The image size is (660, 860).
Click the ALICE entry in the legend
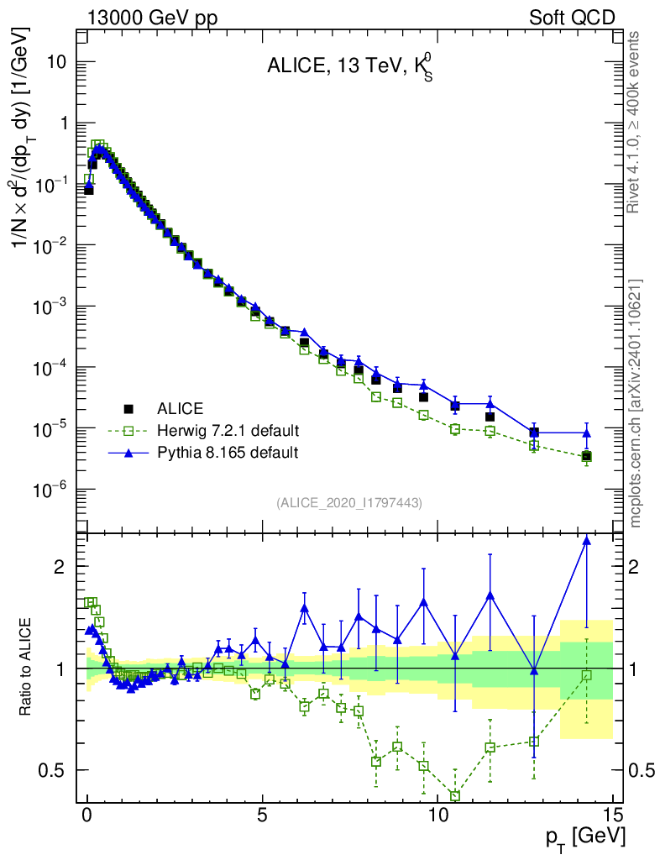click(x=180, y=409)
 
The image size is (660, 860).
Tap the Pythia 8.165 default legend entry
click(x=228, y=453)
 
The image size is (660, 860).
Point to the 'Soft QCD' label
click(x=572, y=18)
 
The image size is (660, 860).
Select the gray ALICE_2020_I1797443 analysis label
click(x=348, y=502)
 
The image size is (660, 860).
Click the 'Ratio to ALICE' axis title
click(x=28, y=668)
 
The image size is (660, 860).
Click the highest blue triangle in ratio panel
click(x=587, y=540)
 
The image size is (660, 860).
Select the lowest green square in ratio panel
click(x=455, y=795)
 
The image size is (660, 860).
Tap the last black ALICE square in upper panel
click(x=587, y=456)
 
